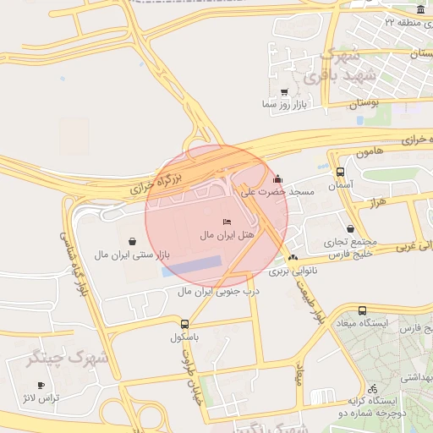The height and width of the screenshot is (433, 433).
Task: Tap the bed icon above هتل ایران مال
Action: (x=227, y=222)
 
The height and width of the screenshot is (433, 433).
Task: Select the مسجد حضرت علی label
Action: (x=277, y=192)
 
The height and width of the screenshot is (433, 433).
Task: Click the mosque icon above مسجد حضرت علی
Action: (x=278, y=179)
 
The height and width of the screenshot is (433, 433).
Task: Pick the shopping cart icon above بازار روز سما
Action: (x=283, y=92)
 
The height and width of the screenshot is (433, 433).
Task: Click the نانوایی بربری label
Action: (x=292, y=271)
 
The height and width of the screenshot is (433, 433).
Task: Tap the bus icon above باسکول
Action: (x=184, y=324)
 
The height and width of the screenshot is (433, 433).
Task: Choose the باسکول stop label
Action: (x=189, y=337)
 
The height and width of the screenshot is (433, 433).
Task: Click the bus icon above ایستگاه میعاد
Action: (x=363, y=311)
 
